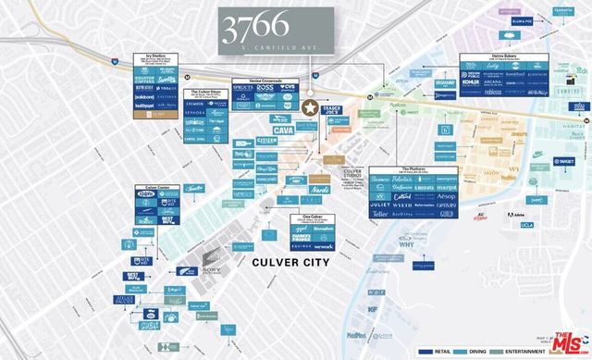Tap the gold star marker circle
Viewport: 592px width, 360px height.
click(x=308, y=108)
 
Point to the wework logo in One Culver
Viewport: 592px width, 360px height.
click(x=323, y=247)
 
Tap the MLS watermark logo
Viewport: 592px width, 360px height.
click(x=569, y=341)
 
